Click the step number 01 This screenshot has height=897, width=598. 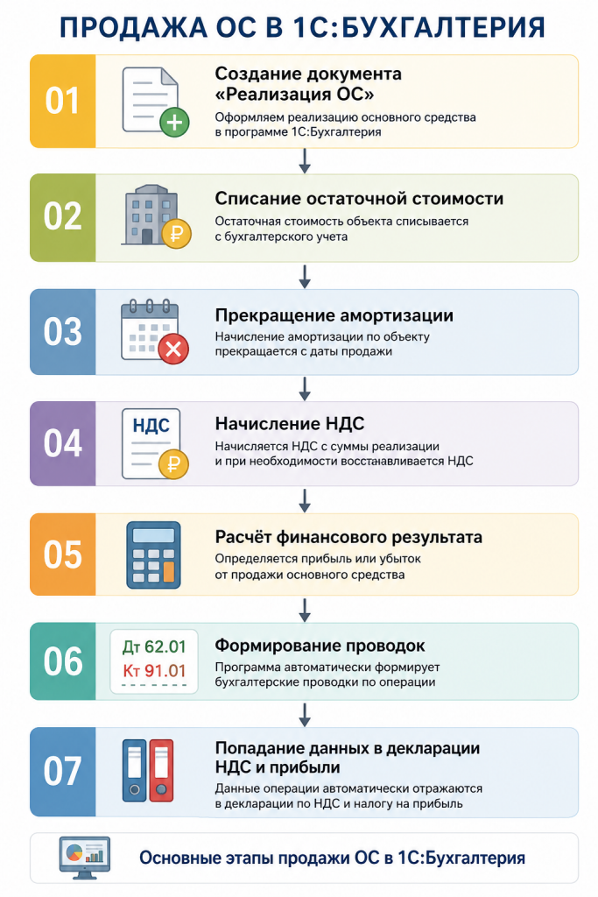click(62, 101)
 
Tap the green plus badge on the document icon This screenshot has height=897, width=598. click(174, 123)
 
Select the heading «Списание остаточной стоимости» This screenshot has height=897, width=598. click(359, 199)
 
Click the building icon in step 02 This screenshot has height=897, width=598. click(151, 215)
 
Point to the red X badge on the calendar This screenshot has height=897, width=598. click(173, 349)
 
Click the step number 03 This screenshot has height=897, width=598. click(63, 332)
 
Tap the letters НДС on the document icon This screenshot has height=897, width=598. click(151, 426)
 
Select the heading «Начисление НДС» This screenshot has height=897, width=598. click(289, 423)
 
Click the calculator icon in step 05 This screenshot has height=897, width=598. click(153, 554)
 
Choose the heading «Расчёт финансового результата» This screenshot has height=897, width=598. click(348, 537)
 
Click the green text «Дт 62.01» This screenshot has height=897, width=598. click(154, 647)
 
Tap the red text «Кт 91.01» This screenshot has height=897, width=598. click(154, 670)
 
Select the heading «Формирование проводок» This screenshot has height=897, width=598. click(320, 646)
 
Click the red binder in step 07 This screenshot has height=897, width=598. click(161, 771)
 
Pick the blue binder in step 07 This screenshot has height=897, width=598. click(135, 771)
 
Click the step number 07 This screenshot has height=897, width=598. click(62, 771)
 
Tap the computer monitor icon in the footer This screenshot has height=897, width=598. click(85, 858)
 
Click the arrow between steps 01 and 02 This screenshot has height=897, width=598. click(305, 161)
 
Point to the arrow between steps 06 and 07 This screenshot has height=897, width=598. click(305, 715)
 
